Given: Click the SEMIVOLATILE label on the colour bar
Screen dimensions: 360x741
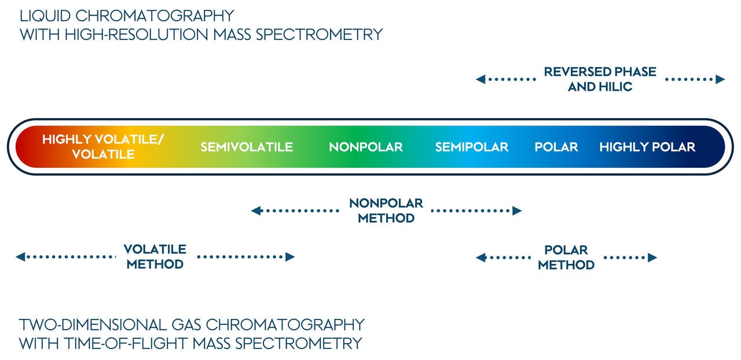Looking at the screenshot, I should tap(247, 147).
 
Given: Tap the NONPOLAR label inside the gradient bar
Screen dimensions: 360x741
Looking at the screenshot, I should tap(366, 147).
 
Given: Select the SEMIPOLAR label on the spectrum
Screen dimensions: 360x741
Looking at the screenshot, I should tap(472, 147).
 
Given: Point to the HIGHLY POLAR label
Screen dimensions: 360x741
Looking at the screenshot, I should tap(647, 147).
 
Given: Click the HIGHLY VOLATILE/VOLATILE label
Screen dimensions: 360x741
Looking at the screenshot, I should tap(103, 146).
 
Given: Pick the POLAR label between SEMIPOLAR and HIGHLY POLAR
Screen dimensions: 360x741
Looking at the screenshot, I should tap(556, 147).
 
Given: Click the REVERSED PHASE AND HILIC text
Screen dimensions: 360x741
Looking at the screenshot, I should tap(600, 79).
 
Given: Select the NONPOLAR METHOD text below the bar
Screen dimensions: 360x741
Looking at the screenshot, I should tap(386, 211).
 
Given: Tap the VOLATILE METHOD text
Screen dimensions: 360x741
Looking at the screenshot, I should tap(155, 257).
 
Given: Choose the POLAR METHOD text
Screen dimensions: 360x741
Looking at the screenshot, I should tap(566, 258).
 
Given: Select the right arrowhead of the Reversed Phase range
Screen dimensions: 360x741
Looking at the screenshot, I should tap(720, 79).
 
